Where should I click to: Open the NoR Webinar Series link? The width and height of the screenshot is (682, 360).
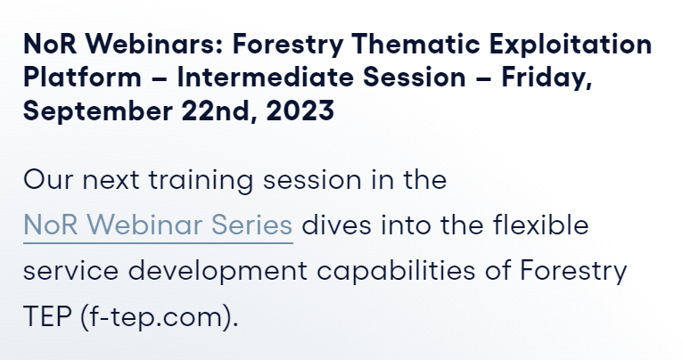[x=158, y=225]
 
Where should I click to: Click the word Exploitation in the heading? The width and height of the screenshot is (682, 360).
[x=571, y=45]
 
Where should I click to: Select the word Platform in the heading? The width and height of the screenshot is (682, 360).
[x=82, y=77]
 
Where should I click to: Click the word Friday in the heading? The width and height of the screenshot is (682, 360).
[x=546, y=78]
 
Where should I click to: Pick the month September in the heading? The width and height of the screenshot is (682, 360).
[x=98, y=111]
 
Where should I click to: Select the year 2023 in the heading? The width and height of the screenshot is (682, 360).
[x=300, y=110]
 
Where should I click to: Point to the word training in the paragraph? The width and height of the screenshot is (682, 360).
[x=201, y=181]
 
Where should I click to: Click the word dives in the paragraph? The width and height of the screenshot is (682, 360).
[x=337, y=225]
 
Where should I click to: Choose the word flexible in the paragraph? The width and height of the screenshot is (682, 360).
[x=540, y=225]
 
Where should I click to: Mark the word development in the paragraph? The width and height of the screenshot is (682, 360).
[x=218, y=271]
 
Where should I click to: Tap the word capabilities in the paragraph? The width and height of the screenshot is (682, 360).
[x=396, y=271]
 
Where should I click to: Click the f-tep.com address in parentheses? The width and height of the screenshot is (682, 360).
[x=160, y=316]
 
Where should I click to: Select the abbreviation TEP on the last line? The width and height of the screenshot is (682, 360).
[x=47, y=316]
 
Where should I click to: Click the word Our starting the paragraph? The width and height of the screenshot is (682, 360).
[x=48, y=180]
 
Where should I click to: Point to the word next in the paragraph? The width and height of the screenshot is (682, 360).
[x=111, y=181]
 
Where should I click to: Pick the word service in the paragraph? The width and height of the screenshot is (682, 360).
[x=70, y=270]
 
